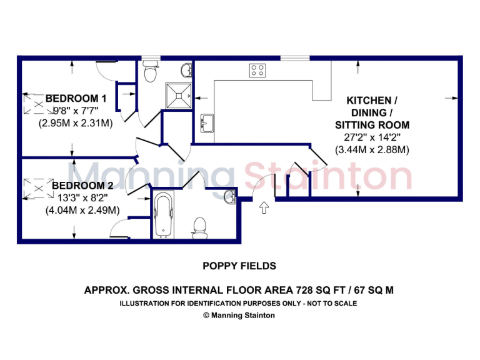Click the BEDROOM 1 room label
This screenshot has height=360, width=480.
point(76,98)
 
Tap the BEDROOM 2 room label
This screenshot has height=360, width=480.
point(82,186)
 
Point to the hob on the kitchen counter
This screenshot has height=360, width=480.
point(257,70)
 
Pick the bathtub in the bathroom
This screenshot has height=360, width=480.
point(164,215)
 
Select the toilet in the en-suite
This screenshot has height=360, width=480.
point(150,74)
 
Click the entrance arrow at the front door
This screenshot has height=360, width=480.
point(263,207)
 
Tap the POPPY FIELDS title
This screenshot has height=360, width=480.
point(239,266)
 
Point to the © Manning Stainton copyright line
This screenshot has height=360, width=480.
point(239,316)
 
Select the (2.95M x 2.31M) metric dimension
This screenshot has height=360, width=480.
point(76,123)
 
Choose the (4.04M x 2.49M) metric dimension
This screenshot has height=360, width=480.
point(82,211)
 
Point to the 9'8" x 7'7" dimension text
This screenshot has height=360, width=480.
point(76,111)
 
